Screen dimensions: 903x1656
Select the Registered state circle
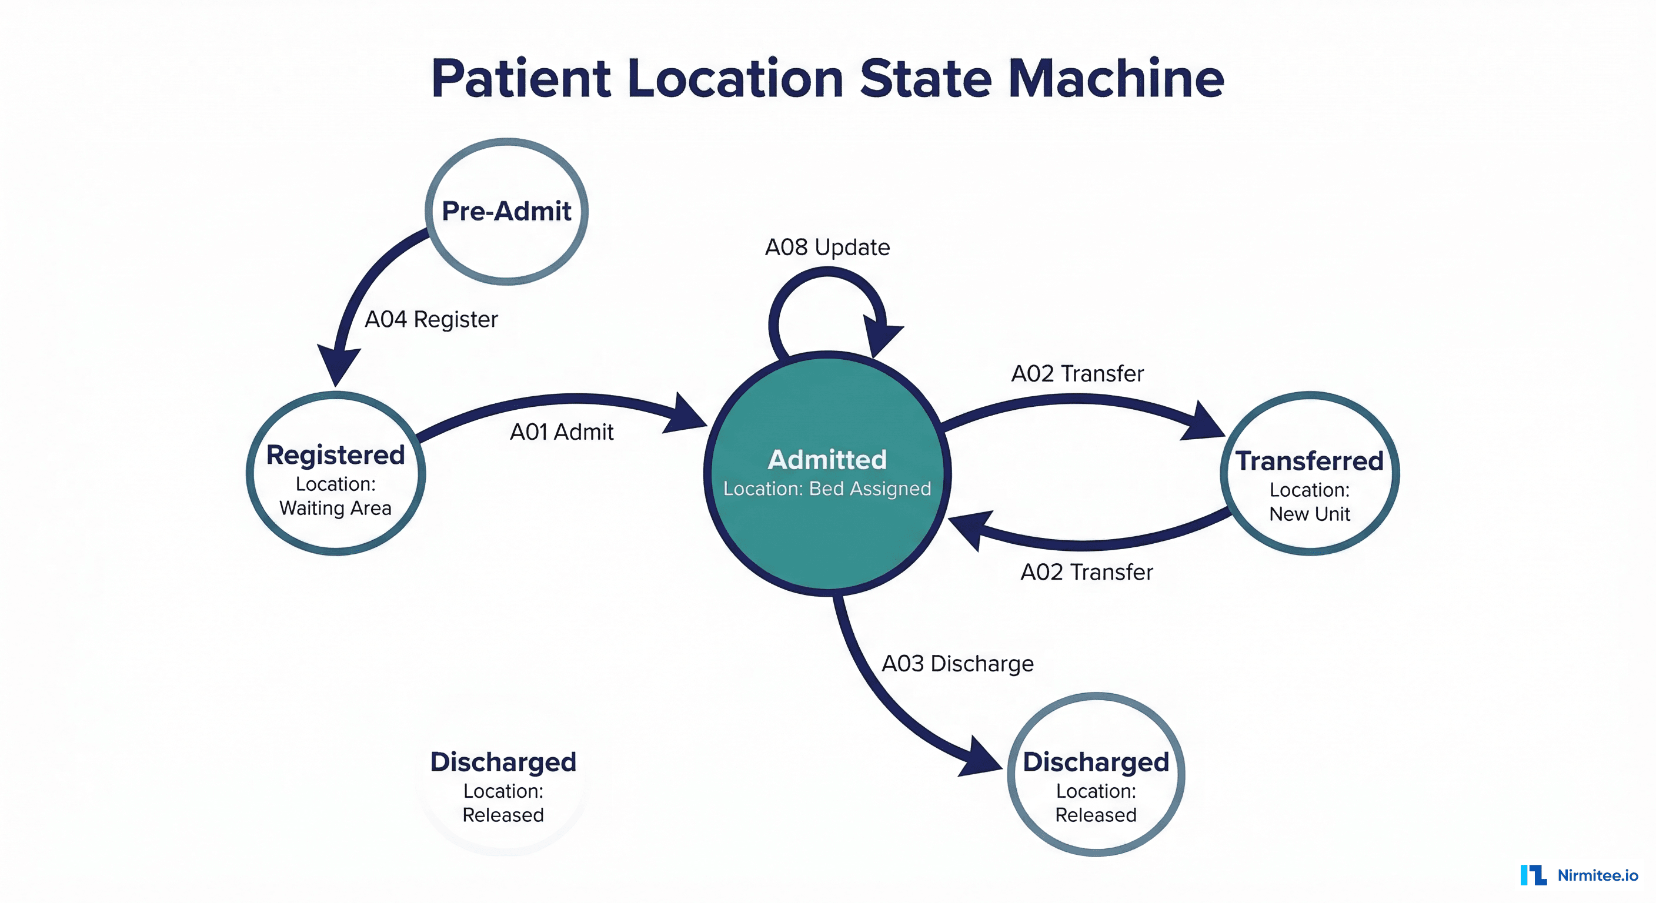tap(335, 474)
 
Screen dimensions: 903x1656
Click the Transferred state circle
tap(1310, 474)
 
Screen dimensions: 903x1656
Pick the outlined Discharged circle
tap(1096, 774)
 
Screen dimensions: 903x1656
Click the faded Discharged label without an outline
tap(503, 762)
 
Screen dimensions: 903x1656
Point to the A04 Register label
tap(432, 319)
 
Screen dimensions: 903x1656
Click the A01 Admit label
tap(561, 432)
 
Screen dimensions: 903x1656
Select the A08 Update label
tap(827, 248)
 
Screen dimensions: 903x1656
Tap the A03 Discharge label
tap(957, 663)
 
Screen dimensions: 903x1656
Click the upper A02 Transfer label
tap(1077, 373)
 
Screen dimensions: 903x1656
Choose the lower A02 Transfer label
tap(1086, 572)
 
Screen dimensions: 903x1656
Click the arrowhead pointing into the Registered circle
tap(338, 365)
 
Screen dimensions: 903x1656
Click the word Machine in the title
tap(1116, 78)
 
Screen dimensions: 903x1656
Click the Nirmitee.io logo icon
tap(1533, 875)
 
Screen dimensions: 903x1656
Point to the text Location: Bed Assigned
tap(827, 489)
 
